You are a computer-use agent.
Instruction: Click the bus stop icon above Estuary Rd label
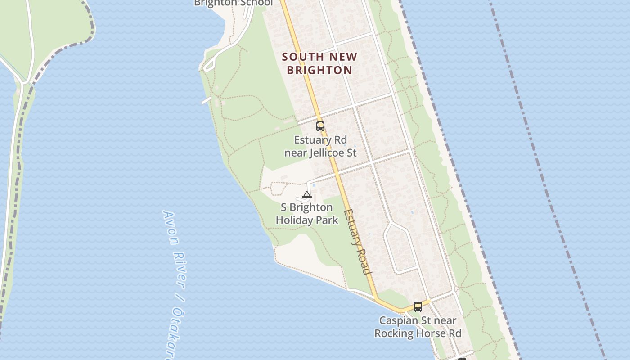point(320,126)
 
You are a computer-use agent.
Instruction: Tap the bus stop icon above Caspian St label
point(418,307)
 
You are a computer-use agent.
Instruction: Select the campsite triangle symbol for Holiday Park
point(307,195)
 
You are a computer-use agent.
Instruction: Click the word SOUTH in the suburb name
point(303,57)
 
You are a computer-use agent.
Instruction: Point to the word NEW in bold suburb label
point(344,57)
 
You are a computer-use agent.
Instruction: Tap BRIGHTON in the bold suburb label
point(319,70)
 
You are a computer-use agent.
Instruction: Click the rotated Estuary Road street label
point(358,241)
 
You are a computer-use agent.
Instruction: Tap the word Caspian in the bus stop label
point(398,320)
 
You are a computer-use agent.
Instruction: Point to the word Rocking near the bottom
point(393,333)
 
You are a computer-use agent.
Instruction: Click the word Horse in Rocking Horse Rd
point(431,333)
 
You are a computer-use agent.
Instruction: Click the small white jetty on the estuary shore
point(206,100)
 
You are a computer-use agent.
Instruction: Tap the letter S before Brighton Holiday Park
point(284,207)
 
